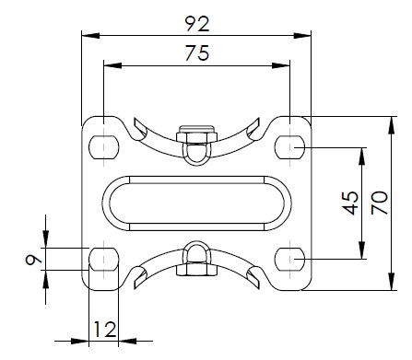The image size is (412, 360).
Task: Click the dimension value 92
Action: click(x=197, y=24)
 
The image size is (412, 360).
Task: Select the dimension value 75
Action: click(x=197, y=52)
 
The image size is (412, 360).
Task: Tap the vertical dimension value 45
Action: click(x=350, y=203)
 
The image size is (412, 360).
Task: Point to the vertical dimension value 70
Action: click(x=380, y=203)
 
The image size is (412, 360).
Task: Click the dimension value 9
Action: click(x=33, y=260)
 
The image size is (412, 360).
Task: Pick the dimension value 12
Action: click(x=105, y=330)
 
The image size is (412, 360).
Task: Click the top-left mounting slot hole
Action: click(x=104, y=147)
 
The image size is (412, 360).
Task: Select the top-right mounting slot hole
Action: click(x=289, y=147)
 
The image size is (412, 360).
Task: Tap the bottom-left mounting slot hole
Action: click(x=104, y=259)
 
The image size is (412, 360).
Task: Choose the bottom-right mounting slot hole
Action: click(x=289, y=259)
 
